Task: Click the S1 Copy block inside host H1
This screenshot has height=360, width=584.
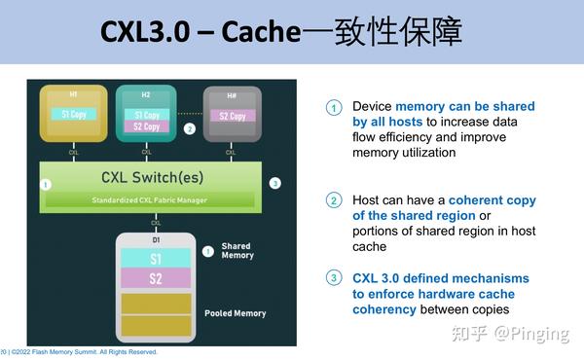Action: [x=72, y=115]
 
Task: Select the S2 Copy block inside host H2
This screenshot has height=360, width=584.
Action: [x=146, y=126]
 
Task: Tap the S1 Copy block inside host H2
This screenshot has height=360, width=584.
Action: [x=146, y=115]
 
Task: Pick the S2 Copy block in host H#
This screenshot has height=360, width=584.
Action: [x=233, y=116]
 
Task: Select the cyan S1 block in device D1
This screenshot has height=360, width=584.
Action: [x=156, y=259]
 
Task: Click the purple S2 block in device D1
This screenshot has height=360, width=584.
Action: [x=156, y=280]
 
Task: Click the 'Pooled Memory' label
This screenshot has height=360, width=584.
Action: [x=235, y=313]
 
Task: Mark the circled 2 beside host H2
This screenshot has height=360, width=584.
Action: [x=190, y=127]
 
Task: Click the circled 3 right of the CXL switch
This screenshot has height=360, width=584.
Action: [x=275, y=183]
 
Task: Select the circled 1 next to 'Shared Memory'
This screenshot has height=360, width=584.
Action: [x=207, y=251]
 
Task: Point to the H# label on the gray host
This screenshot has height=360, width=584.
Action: [x=233, y=94]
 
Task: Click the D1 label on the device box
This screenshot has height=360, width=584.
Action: [x=156, y=239]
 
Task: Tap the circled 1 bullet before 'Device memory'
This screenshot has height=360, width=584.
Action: [x=334, y=107]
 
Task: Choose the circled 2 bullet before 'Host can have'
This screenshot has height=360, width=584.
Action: [x=334, y=200]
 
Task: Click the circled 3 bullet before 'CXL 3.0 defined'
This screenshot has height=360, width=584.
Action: [x=334, y=278]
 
